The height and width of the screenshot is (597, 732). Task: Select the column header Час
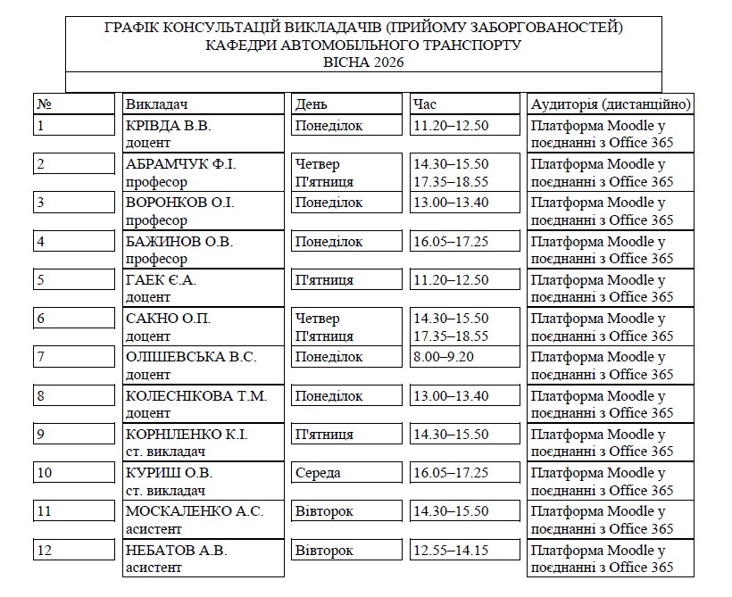point(424,104)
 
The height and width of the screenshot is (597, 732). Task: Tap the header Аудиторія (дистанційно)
point(611,104)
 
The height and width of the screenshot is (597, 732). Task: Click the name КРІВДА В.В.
point(168,126)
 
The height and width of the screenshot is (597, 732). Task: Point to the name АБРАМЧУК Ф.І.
point(180,164)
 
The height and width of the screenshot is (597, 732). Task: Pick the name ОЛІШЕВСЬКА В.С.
point(191,357)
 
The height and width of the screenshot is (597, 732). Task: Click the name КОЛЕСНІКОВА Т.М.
point(196,396)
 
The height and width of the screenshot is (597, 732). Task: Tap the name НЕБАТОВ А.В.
point(176,551)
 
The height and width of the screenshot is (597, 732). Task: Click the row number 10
point(44,473)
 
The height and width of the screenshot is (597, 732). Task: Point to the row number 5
point(40,280)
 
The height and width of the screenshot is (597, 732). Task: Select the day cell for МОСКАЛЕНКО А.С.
point(324,511)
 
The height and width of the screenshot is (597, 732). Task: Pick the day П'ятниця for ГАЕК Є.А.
point(324,280)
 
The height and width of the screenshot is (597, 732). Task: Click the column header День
point(312,104)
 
